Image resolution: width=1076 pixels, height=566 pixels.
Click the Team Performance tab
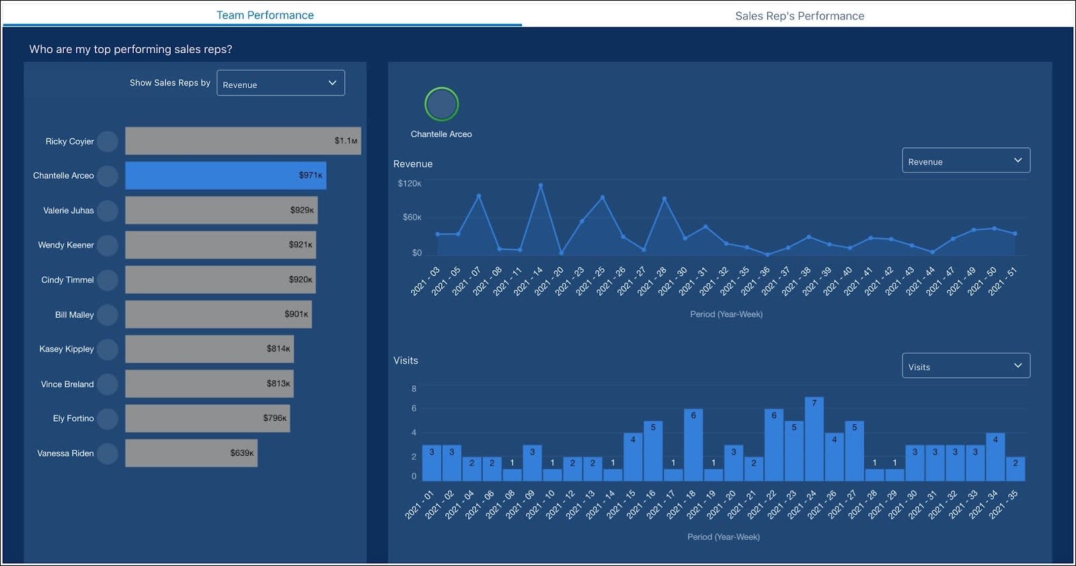pyautogui.click(x=264, y=15)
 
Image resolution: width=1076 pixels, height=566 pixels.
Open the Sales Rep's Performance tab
pyautogui.click(x=799, y=15)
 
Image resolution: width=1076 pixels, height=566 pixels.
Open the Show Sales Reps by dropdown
pyautogui.click(x=280, y=83)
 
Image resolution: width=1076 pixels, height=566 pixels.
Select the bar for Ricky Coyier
pyautogui.click(x=242, y=141)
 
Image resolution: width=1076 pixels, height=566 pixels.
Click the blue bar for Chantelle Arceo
pyautogui.click(x=225, y=175)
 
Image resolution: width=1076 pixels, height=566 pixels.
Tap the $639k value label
pyautogui.click(x=241, y=453)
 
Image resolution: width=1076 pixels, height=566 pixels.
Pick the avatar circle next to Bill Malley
pyautogui.click(x=108, y=315)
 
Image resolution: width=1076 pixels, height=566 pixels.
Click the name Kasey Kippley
pyautogui.click(x=67, y=349)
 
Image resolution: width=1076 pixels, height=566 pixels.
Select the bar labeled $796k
pyautogui.click(x=207, y=418)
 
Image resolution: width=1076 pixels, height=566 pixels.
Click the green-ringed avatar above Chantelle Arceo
pyautogui.click(x=441, y=104)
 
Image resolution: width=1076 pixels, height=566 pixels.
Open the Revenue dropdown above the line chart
pyautogui.click(x=965, y=161)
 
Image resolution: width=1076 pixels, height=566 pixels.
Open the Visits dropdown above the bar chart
pyautogui.click(x=965, y=366)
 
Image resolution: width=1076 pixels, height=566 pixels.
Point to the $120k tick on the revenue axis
pyautogui.click(x=409, y=184)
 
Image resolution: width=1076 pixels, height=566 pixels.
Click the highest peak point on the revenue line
pyautogui.click(x=541, y=186)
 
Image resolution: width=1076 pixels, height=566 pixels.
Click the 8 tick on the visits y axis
pyautogui.click(x=414, y=389)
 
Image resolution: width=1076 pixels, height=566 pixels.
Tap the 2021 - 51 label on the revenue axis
pyautogui.click(x=1003, y=281)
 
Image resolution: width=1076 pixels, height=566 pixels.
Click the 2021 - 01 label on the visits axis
pyautogui.click(x=420, y=504)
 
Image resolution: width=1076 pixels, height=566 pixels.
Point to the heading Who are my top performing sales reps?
pyautogui.click(x=130, y=49)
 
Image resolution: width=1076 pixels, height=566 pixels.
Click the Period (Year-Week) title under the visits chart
pyautogui.click(x=723, y=536)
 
